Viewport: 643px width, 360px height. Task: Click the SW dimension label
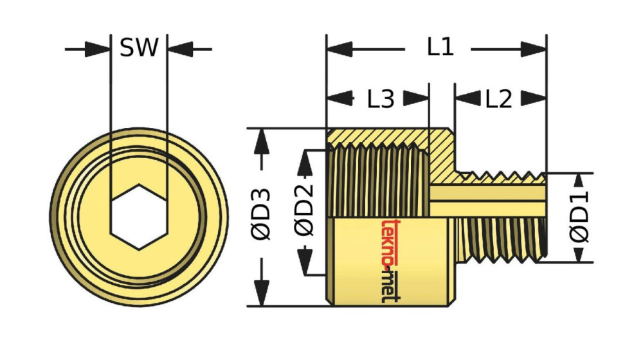click(139, 48)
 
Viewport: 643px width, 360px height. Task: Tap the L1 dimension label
click(440, 47)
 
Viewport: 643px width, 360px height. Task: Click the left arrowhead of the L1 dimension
click(339, 48)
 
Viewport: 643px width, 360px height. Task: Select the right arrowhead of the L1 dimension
click(534, 48)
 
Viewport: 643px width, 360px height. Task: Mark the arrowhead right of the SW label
click(179, 48)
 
